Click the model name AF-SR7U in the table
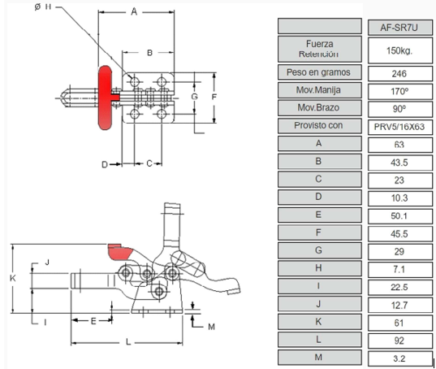pos(399,28)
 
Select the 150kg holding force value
pos(399,50)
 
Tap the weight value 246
pos(399,74)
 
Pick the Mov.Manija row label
pos(318,90)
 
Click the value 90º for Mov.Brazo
pos(399,109)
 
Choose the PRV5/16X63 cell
pos(399,127)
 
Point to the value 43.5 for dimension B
pos(399,163)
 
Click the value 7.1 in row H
pos(399,269)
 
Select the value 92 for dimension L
pos(399,341)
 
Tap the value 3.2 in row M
pos(399,358)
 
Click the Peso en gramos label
pos(318,72)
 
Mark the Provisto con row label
pos(318,125)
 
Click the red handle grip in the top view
pos(105,98)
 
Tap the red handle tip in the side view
pos(119,252)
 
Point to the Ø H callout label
pos(43,7)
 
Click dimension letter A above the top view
pos(134,11)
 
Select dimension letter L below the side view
pos(128,341)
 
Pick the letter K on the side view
pos(13,278)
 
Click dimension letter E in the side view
pos(93,321)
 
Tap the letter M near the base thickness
pos(211,327)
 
